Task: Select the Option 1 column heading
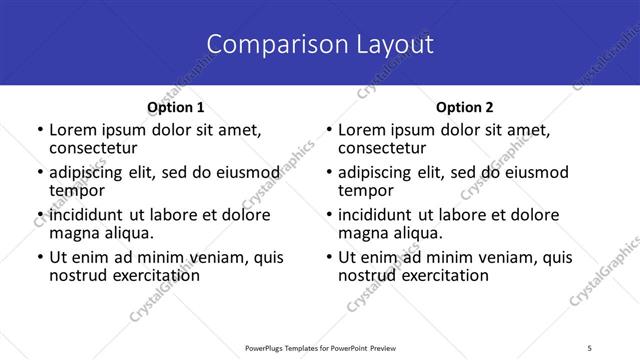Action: tap(175, 107)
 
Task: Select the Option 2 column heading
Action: tap(465, 107)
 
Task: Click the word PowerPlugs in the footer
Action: tap(267, 347)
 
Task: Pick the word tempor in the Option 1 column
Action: tap(77, 190)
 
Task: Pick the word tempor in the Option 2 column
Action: tap(366, 190)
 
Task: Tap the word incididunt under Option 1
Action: tap(88, 215)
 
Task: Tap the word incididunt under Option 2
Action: tap(377, 215)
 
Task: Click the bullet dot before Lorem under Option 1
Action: tap(39, 130)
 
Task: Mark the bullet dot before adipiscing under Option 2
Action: tap(328, 173)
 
